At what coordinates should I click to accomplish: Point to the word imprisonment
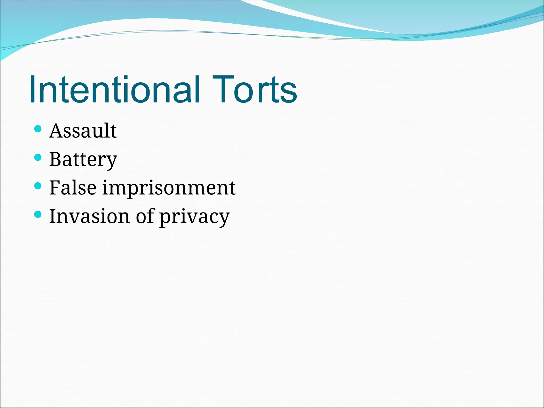pyautogui.click(x=169, y=189)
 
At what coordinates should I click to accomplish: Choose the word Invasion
pyautogui.click(x=90, y=216)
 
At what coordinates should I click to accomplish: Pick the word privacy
pyautogui.click(x=194, y=217)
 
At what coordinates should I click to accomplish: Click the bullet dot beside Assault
pyautogui.click(x=38, y=129)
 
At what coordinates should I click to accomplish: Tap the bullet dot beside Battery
pyautogui.click(x=38, y=158)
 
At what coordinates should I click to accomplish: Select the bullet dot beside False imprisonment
pyautogui.click(x=38, y=186)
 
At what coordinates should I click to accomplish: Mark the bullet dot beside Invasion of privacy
pyautogui.click(x=38, y=214)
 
